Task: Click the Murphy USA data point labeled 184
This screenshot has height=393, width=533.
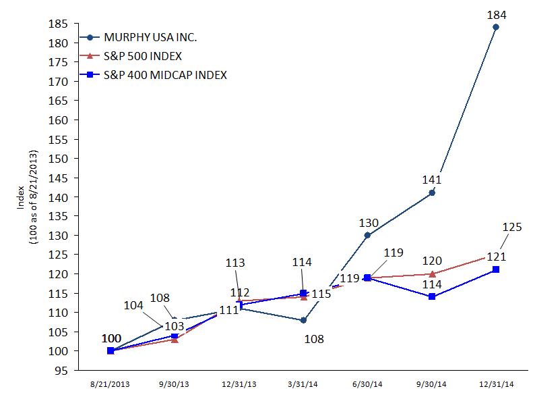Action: point(496,27)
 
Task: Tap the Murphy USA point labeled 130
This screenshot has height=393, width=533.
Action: point(367,235)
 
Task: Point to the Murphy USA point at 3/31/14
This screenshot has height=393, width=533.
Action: point(303,320)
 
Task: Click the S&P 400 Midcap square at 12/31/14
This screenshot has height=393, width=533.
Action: point(496,269)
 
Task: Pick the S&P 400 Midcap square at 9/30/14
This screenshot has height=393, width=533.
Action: point(432,296)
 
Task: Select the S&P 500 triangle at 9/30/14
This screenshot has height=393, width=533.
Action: point(432,273)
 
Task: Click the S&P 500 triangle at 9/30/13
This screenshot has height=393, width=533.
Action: point(175,339)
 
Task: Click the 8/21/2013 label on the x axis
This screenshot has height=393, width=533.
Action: point(111,384)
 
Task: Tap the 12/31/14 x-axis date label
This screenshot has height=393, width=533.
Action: point(496,384)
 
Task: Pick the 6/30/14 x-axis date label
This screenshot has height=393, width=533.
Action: point(367,384)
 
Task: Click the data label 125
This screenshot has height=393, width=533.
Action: point(513,228)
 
